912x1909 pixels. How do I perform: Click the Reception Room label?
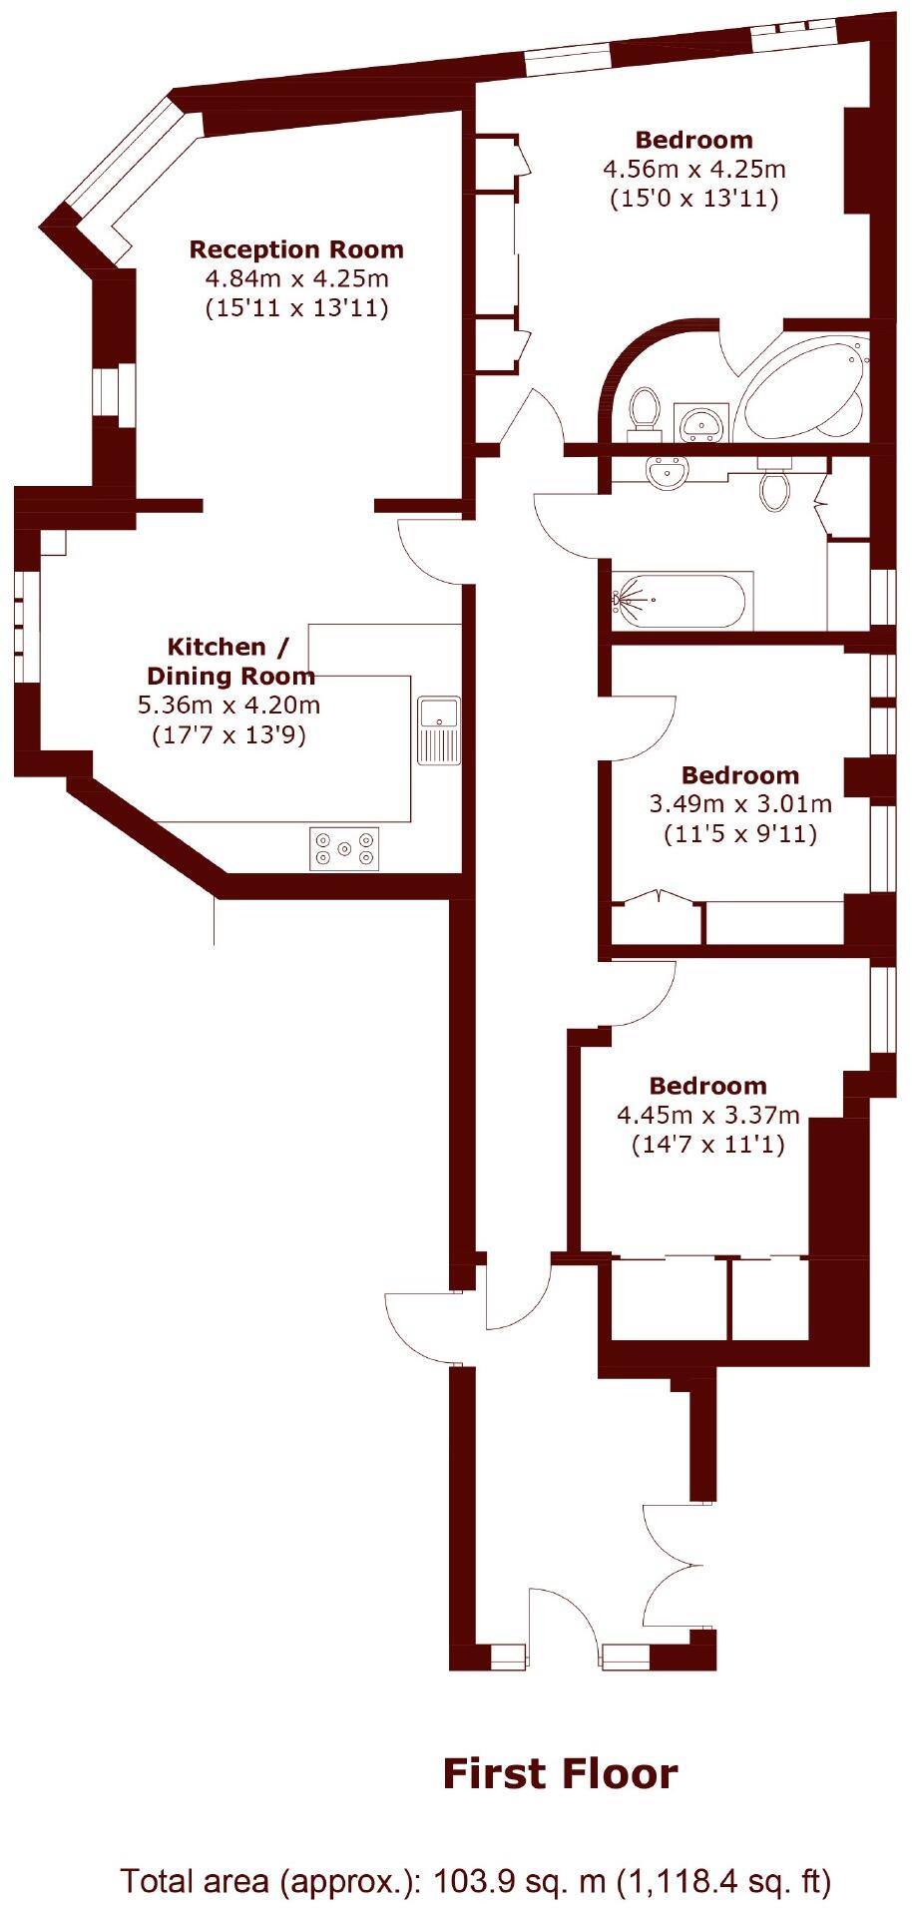tap(296, 249)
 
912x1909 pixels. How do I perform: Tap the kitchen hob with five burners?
tap(344, 849)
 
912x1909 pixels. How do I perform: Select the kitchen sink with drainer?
tap(438, 729)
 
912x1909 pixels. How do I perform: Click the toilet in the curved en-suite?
tap(645, 412)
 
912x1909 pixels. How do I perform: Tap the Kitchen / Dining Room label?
tap(230, 661)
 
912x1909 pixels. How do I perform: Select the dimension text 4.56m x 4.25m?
tap(693, 169)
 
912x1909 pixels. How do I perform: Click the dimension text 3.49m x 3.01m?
tap(740, 803)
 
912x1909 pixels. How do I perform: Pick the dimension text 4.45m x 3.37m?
tap(708, 1115)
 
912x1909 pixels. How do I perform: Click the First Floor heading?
tap(560, 1775)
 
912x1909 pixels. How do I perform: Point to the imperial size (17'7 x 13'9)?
tap(228, 736)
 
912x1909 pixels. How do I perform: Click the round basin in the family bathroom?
tap(666, 471)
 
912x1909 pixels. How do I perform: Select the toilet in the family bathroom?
tap(774, 487)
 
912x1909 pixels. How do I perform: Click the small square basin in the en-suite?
tap(704, 421)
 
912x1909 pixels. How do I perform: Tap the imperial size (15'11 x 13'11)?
tap(296, 307)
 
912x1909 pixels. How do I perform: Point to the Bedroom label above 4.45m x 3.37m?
tap(708, 1086)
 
